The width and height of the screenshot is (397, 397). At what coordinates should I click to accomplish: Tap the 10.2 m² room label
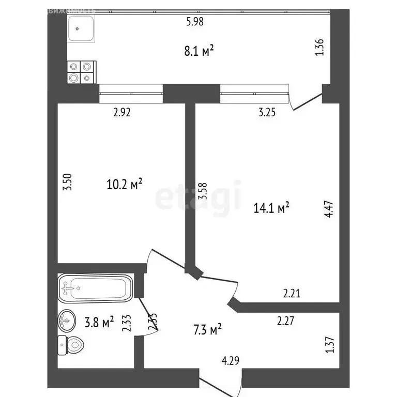pyautogui.click(x=124, y=184)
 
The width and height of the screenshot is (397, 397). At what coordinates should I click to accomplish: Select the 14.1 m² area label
pyautogui.click(x=271, y=207)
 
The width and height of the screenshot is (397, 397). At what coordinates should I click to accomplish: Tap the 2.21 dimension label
pyautogui.click(x=292, y=294)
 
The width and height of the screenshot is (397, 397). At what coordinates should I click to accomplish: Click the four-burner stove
pyautogui.click(x=82, y=72)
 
